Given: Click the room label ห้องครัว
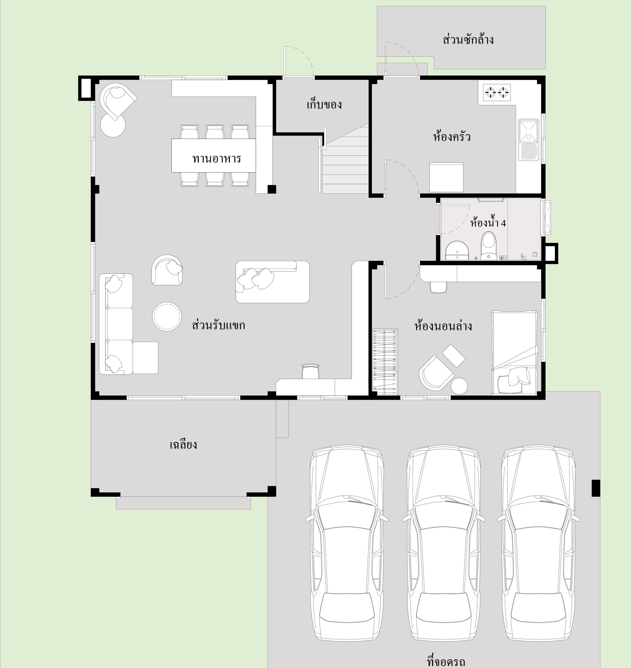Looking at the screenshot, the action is tap(452, 136).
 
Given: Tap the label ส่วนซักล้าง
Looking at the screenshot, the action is tap(468, 39).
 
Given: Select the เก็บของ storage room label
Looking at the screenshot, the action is tap(324, 104).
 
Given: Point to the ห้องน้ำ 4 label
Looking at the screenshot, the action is tap(488, 222).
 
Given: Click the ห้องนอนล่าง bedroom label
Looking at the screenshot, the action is tap(443, 326).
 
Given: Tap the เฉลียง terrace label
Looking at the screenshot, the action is tap(183, 445).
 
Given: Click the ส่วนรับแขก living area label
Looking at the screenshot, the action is tap(218, 325).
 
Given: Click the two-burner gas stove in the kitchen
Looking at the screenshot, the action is tap(497, 92).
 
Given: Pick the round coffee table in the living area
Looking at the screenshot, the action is tap(167, 317).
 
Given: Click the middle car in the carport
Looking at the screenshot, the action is tap(443, 543).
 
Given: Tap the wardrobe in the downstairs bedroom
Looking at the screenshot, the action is tap(385, 361).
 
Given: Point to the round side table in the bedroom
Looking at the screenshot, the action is tap(459, 386).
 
